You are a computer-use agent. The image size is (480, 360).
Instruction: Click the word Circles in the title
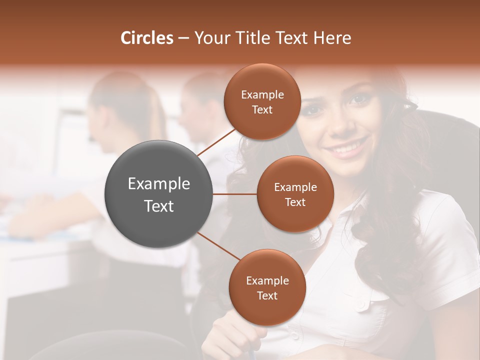pos(146,38)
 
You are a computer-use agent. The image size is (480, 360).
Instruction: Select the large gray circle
pos(159,194)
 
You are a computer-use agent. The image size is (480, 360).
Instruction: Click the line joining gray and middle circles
pos(235,194)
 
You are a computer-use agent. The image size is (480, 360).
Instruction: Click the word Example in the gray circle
pos(159,183)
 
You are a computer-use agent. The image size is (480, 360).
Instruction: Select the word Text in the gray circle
pos(159,205)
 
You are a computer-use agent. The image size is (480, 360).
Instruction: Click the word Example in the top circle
pos(262,95)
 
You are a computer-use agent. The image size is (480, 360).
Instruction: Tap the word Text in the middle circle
pos(295,202)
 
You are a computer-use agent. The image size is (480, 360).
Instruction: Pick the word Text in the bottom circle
pos(267,295)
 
